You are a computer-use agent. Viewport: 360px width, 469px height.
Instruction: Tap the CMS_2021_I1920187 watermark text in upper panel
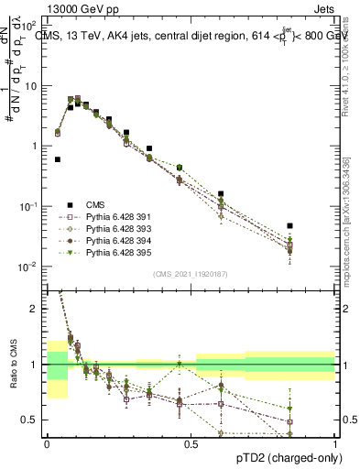pos(191,274)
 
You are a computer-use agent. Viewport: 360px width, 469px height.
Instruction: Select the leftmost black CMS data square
pos(58,159)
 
